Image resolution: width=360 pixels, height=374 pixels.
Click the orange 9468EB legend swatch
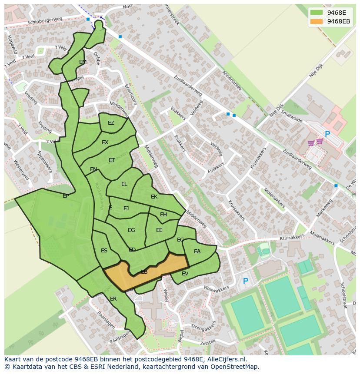316,21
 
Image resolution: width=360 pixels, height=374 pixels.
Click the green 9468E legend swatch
316,13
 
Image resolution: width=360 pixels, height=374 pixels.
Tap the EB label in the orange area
144,272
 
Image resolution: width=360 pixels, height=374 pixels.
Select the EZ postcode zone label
111,123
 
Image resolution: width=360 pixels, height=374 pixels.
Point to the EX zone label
105,142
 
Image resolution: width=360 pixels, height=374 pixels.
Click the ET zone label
112,160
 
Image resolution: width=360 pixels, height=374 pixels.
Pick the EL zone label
124,184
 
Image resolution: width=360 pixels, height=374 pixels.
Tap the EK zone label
154,197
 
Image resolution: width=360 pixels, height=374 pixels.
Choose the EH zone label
163,215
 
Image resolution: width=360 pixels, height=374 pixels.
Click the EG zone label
131,230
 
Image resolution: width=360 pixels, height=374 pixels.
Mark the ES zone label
104,251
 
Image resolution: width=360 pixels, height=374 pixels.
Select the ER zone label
113,299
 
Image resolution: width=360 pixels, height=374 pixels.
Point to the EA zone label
197,252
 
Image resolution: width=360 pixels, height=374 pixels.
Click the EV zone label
185,274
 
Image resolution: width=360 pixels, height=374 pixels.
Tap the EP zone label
66,196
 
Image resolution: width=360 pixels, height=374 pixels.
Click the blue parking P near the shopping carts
327,135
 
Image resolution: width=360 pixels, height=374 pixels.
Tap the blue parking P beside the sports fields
245,281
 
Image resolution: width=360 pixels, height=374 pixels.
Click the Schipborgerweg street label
45,21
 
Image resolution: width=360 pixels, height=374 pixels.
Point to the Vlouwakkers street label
216,290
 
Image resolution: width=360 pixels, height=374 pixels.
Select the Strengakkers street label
203,326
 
